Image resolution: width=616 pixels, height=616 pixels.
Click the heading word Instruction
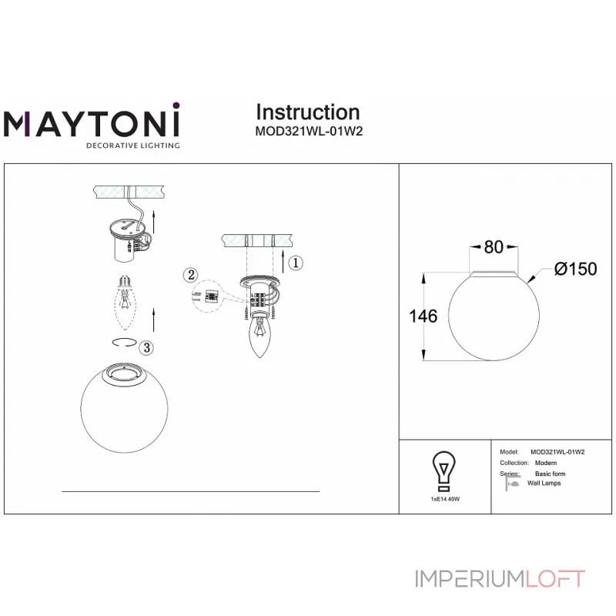point(307,112)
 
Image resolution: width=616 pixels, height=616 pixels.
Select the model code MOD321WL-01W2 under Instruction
point(308,131)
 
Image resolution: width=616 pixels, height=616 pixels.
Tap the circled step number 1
point(296,263)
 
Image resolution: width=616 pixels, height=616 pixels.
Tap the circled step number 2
point(192,274)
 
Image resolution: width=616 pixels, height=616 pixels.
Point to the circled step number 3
point(146,347)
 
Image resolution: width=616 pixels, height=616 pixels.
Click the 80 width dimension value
point(494,247)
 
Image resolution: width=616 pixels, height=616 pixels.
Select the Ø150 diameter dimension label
point(575,269)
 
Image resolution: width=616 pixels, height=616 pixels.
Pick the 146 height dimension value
point(423,316)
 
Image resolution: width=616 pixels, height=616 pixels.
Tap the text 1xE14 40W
point(444,500)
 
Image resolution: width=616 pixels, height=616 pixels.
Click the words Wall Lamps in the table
point(545,483)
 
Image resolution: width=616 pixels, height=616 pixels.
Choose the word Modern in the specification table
point(546,463)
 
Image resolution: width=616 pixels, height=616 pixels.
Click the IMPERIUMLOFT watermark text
point(500,578)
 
